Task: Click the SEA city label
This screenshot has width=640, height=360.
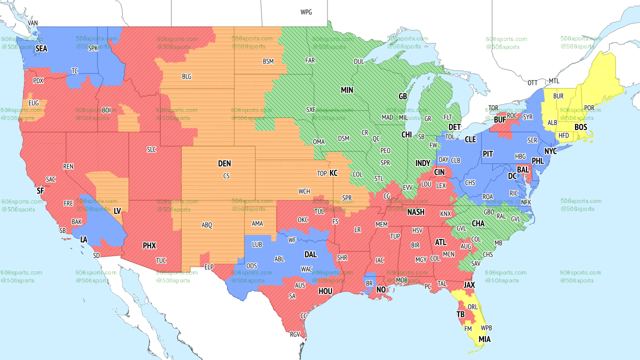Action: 41,49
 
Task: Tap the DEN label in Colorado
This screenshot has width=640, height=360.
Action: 224,163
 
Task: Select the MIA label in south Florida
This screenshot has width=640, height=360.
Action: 484,339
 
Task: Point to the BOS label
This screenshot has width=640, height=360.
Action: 580,127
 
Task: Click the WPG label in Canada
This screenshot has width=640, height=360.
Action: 306,12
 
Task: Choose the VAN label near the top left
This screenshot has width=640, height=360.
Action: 33,23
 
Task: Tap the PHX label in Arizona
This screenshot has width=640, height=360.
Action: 149,245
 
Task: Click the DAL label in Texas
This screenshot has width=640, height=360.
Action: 310,254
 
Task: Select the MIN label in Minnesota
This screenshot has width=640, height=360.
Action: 347,90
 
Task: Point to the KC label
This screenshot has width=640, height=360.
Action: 333,173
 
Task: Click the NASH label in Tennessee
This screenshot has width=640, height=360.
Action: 415,212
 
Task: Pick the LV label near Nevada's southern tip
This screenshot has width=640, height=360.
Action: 117,211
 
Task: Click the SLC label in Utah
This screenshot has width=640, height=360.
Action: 151,149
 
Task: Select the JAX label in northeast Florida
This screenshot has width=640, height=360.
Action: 469,285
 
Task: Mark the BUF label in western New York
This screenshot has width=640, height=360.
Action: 499,120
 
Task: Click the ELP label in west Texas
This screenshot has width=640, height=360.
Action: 209,267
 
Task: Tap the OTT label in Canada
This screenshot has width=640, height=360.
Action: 532,82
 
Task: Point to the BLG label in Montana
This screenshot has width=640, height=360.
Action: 186,76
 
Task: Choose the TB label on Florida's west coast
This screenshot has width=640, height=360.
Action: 460,314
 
